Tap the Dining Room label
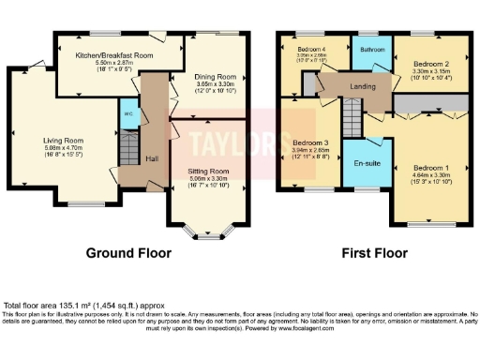pos(216,77)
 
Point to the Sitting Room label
pos(207,172)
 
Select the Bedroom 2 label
pos(432,65)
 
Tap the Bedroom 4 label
pos(312,48)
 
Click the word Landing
pos(364,86)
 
